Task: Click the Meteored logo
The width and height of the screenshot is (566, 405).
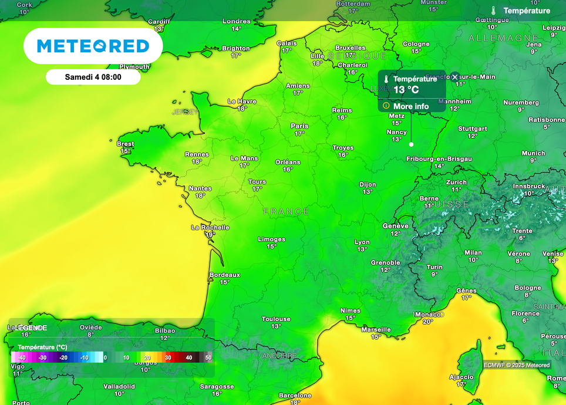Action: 93,46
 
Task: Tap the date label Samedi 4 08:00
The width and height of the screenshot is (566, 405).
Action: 93,77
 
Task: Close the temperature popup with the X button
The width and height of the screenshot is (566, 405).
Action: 454,77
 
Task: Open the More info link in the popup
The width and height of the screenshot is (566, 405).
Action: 410,106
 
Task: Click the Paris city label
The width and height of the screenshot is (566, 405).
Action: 299,126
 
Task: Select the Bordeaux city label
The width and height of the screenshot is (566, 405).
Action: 225,275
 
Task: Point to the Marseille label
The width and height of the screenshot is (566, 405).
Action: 376,330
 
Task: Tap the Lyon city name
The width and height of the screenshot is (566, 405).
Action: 362,242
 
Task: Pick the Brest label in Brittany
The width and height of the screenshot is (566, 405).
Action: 126,144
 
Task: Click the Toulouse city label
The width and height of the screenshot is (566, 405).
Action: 276,319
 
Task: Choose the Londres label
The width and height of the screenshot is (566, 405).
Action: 236,22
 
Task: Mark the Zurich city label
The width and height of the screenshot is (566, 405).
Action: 456,182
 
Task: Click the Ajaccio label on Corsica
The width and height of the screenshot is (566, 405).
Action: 461,377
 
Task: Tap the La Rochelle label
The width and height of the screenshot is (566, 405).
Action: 210,227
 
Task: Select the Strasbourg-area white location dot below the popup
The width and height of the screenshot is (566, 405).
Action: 411,144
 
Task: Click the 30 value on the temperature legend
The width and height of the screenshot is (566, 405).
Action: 168,357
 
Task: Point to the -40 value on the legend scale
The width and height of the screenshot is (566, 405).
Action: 22,357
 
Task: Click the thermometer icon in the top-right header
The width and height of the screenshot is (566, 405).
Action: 494,11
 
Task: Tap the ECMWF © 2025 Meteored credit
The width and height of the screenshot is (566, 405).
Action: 517,365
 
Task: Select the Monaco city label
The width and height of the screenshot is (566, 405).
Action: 427,315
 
